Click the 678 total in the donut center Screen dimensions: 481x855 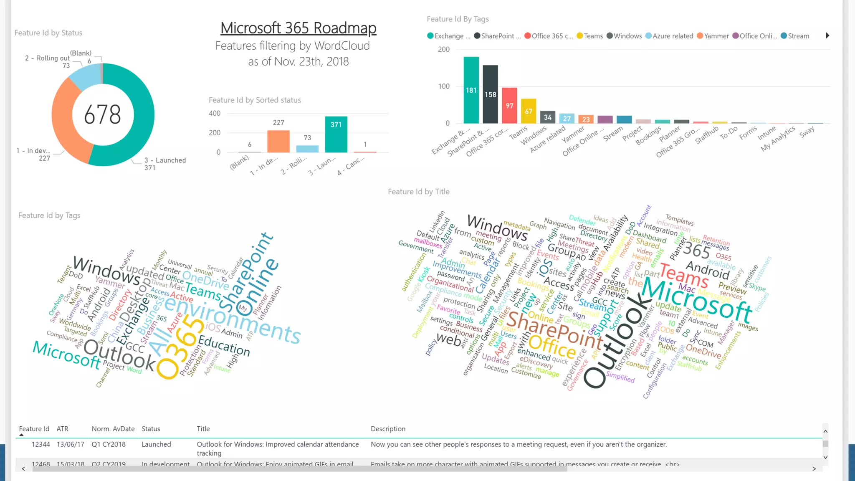pos(103,114)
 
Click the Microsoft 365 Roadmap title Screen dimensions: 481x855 pos(298,28)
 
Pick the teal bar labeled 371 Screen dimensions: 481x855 pos(336,134)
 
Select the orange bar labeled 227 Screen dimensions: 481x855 pos(278,141)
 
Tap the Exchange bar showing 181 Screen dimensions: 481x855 pos(471,90)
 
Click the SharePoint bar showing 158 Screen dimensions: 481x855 pos(490,94)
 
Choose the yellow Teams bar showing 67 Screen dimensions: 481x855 pos(529,111)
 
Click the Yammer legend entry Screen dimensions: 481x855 pos(713,36)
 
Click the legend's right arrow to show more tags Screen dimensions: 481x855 pos(827,35)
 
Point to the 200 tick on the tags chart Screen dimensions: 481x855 pos(444,49)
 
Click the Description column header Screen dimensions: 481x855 pos(388,429)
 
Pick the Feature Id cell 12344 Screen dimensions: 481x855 pos(40,444)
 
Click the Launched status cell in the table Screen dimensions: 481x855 pos(156,444)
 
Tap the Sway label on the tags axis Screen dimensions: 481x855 pos(807,132)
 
